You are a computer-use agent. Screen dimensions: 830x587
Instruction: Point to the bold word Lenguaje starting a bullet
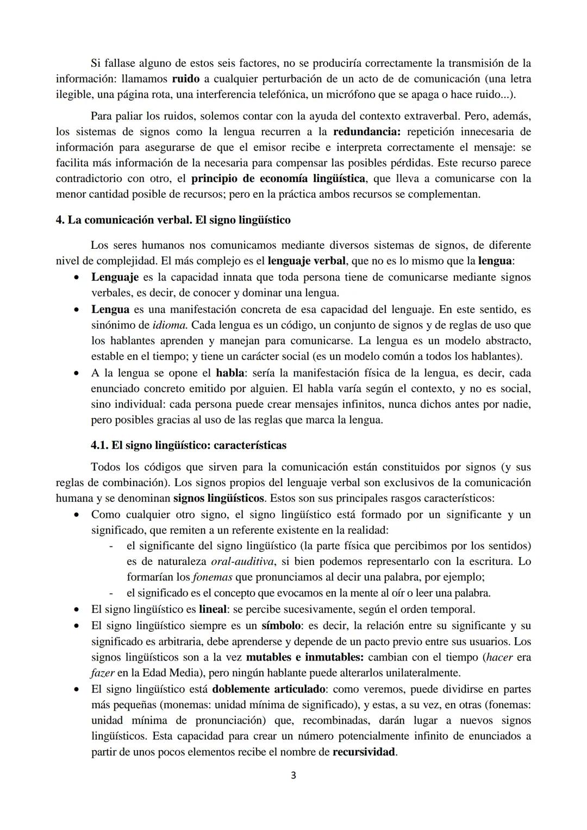(x=115, y=277)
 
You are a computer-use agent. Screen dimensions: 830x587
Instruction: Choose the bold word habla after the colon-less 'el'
(x=229, y=373)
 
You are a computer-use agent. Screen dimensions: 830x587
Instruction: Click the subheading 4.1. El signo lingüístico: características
(x=188, y=445)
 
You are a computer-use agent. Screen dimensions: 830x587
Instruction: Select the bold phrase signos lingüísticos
(x=218, y=498)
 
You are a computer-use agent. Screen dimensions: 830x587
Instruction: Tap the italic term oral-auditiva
(x=242, y=562)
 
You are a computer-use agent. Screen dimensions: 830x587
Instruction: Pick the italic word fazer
(x=102, y=673)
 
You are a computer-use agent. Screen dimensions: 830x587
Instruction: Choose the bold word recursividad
(x=364, y=753)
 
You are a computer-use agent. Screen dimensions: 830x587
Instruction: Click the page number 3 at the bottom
(x=293, y=776)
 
